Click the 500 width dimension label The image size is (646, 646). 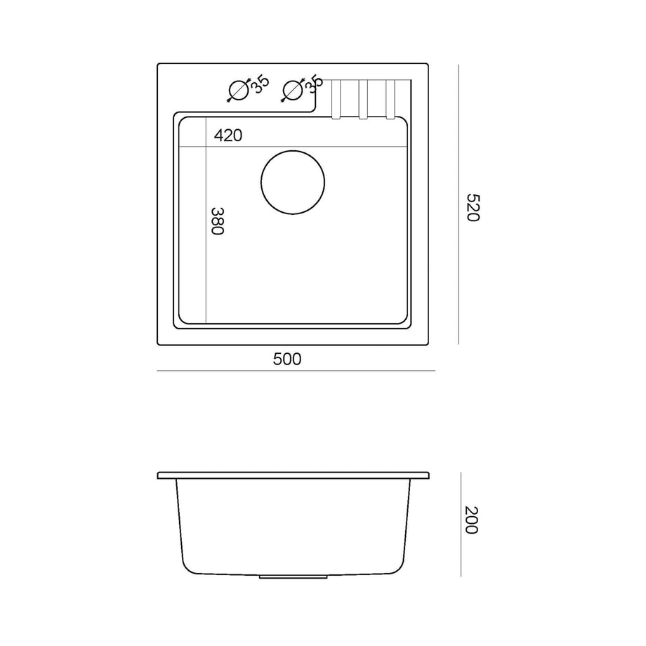pyautogui.click(x=287, y=360)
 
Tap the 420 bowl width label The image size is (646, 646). pyautogui.click(x=228, y=135)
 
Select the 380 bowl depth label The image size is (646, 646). pyautogui.click(x=217, y=221)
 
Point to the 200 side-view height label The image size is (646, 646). pyautogui.click(x=471, y=520)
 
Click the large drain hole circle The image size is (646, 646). pyautogui.click(x=293, y=151)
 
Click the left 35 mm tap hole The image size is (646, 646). pyautogui.click(x=239, y=80)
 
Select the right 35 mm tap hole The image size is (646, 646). pyautogui.click(x=293, y=80)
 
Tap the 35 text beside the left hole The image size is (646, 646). pyautogui.click(x=261, y=85)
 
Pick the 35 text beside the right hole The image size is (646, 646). pyautogui.click(x=314, y=84)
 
